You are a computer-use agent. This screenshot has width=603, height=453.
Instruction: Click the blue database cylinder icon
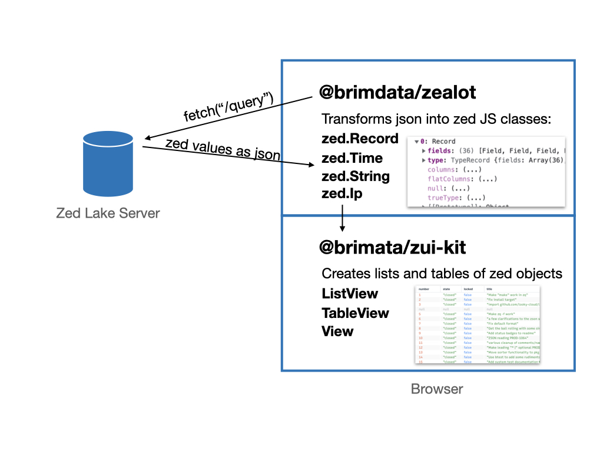108,163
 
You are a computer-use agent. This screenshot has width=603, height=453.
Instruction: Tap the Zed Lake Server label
108,214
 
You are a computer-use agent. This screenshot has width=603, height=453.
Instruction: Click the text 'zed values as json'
222,149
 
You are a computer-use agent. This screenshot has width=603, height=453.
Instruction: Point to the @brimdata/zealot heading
397,93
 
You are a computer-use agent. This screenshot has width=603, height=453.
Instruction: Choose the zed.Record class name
360,139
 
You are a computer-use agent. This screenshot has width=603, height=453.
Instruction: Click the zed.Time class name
352,158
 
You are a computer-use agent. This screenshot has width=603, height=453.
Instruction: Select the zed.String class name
355,176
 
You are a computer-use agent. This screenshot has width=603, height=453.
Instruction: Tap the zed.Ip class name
342,194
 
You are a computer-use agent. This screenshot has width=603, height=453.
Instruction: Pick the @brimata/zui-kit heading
392,248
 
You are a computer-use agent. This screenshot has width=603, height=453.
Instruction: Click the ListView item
350,294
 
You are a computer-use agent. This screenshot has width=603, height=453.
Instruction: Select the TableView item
355,313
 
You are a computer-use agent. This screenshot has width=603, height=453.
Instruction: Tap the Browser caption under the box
436,389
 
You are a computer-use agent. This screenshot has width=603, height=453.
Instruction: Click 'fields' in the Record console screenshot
439,151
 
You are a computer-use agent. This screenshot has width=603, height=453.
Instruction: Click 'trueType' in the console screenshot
443,198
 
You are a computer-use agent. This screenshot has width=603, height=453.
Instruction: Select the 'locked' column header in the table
468,289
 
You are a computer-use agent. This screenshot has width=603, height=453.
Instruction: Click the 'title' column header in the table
490,289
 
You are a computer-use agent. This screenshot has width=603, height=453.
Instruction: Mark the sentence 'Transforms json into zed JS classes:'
436,119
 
